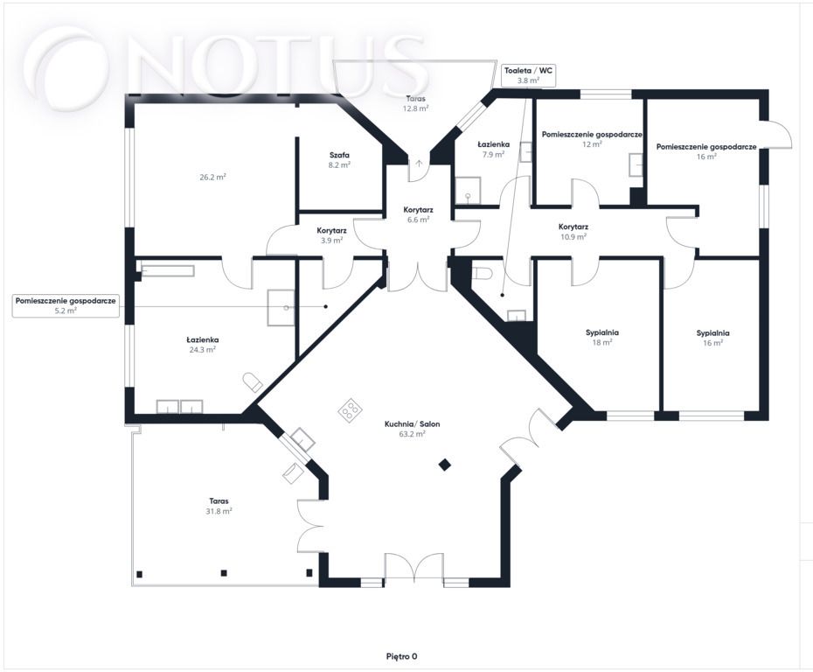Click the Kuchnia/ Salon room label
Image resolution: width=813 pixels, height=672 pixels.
pyautogui.click(x=413, y=424)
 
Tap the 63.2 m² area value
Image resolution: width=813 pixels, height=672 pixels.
pyautogui.click(x=413, y=434)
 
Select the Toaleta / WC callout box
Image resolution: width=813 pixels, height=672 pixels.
pyautogui.click(x=528, y=75)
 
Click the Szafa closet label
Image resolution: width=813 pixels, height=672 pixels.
pyautogui.click(x=339, y=155)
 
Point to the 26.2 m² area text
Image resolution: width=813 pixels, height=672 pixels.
pyautogui.click(x=212, y=177)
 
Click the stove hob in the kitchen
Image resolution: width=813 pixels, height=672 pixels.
pyautogui.click(x=350, y=409)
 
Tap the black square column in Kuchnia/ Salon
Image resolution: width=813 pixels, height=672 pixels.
pyautogui.click(x=444, y=465)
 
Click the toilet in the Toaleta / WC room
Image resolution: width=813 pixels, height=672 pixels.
pyautogui.click(x=482, y=272)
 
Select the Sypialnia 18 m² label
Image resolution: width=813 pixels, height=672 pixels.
pyautogui.click(x=602, y=337)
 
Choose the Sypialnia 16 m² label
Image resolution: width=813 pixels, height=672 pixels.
pyautogui.click(x=713, y=338)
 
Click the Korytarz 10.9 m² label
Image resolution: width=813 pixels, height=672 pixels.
pyautogui.click(x=573, y=232)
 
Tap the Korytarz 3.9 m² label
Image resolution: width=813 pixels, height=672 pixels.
pyautogui.click(x=332, y=235)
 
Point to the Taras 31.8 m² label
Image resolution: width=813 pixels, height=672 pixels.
pyautogui.click(x=219, y=506)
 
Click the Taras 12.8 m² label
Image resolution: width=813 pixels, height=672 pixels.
pyautogui.click(x=416, y=103)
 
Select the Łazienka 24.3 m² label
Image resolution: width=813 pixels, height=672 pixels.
pyautogui.click(x=203, y=345)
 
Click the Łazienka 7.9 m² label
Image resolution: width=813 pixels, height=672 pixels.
pyautogui.click(x=494, y=150)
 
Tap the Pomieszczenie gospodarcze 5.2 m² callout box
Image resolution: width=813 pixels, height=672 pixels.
pyautogui.click(x=66, y=305)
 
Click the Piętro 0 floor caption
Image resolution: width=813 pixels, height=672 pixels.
pyautogui.click(x=402, y=656)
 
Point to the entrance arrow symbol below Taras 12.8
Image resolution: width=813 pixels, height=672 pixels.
pyautogui.click(x=419, y=164)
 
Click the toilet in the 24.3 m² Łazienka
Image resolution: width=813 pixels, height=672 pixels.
pyautogui.click(x=253, y=381)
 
